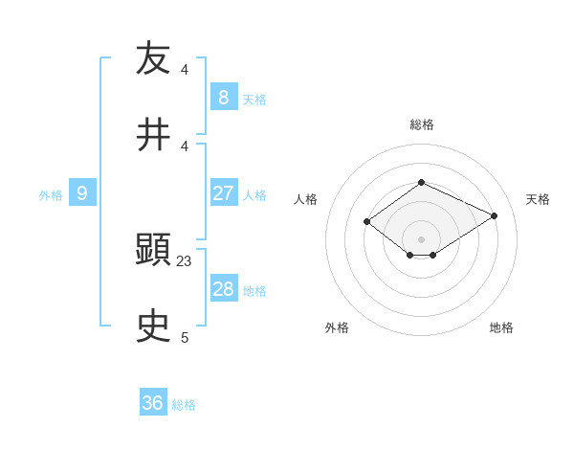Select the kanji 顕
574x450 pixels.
point(154,250)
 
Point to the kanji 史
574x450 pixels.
point(154,326)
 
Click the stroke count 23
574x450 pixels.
point(185,260)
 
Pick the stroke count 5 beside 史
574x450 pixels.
point(185,337)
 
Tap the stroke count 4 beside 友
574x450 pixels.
point(185,69)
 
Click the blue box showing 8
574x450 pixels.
point(223,97)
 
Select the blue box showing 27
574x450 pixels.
point(223,192)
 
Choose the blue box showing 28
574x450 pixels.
point(223,289)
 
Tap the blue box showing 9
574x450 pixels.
point(82,193)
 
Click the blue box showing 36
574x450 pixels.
point(152,403)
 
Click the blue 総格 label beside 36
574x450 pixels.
point(184,405)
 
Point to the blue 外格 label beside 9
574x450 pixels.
point(51,195)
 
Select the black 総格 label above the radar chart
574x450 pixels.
point(422,124)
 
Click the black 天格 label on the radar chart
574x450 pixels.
point(539,199)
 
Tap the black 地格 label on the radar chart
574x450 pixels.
point(501,327)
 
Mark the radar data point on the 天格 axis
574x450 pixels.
point(495,215)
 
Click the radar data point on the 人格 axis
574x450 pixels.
point(367,222)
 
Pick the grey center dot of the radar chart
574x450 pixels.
point(422,239)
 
